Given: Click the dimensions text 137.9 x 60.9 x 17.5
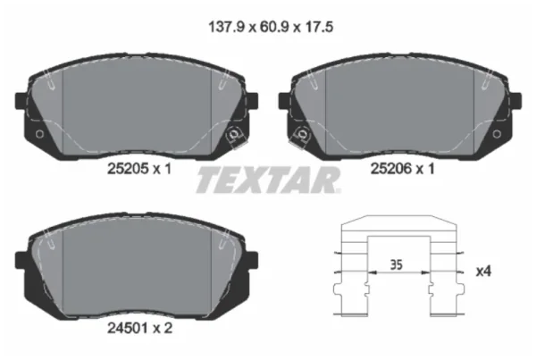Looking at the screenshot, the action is (271, 27).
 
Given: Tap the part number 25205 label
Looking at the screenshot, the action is (128, 169).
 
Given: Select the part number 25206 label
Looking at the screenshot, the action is (391, 169).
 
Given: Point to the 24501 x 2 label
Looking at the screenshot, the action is (140, 328).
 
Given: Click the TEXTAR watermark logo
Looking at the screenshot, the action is (268, 180).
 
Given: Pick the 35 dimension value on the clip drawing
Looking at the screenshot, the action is (397, 265).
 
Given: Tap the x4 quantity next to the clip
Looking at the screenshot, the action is (483, 271).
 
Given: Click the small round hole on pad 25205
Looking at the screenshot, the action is (39, 134).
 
